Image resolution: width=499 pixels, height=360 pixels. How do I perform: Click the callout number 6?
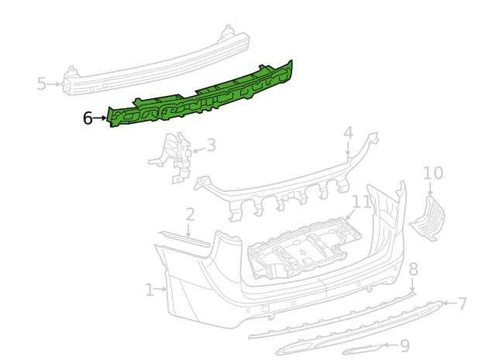[x=88, y=118]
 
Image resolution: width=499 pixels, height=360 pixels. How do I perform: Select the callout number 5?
[x=42, y=84]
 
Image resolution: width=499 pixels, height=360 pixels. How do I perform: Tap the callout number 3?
[x=211, y=146]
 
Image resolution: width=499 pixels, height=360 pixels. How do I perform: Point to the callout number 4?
[x=349, y=133]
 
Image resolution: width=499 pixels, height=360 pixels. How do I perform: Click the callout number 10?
[x=433, y=173]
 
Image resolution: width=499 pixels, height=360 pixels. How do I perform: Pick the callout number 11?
[x=362, y=201]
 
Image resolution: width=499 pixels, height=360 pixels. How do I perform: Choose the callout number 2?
[x=190, y=214]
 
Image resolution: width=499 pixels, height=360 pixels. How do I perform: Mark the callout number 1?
[x=150, y=290]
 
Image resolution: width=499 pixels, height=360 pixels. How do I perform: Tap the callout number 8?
[x=413, y=269]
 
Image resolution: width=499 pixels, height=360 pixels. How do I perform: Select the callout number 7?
[x=462, y=303]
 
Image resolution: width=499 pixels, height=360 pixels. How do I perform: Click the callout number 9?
[x=404, y=345]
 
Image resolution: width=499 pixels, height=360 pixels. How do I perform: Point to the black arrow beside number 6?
[x=100, y=118]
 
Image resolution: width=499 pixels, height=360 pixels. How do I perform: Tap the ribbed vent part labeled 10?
[x=427, y=219]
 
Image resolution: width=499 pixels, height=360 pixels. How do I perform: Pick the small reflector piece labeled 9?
[x=363, y=350]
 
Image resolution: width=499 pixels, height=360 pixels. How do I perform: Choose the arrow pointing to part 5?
[x=54, y=84]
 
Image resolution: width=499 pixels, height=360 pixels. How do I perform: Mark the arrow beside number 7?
[x=449, y=303]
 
